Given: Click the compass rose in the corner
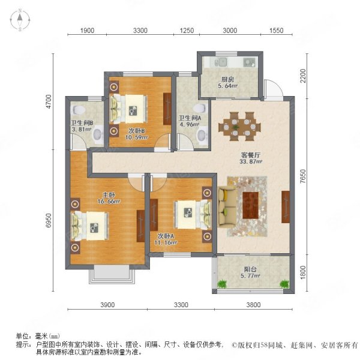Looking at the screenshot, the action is click(20, 20).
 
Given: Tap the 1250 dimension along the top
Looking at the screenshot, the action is click(187, 31).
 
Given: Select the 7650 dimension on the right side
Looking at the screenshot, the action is click(303, 176).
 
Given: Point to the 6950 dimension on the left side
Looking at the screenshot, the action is click(49, 221).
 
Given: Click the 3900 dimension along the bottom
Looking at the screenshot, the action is click(107, 305).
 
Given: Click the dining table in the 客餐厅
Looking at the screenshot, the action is click(239, 127).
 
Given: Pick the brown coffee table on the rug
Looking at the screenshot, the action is click(250, 205).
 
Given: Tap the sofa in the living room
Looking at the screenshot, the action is click(227, 208).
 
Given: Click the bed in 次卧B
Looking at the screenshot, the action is click(128, 109).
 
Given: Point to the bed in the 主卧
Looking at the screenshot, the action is click(90, 226).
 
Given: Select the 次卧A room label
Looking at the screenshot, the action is click(166, 236).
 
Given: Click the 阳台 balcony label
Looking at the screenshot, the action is click(250, 269).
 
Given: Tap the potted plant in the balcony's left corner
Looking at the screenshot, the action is click(222, 284).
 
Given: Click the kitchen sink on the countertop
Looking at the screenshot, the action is click(220, 62).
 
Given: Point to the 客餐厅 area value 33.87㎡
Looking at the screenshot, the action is click(251, 161).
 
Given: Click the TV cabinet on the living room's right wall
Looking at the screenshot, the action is click(286, 207).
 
